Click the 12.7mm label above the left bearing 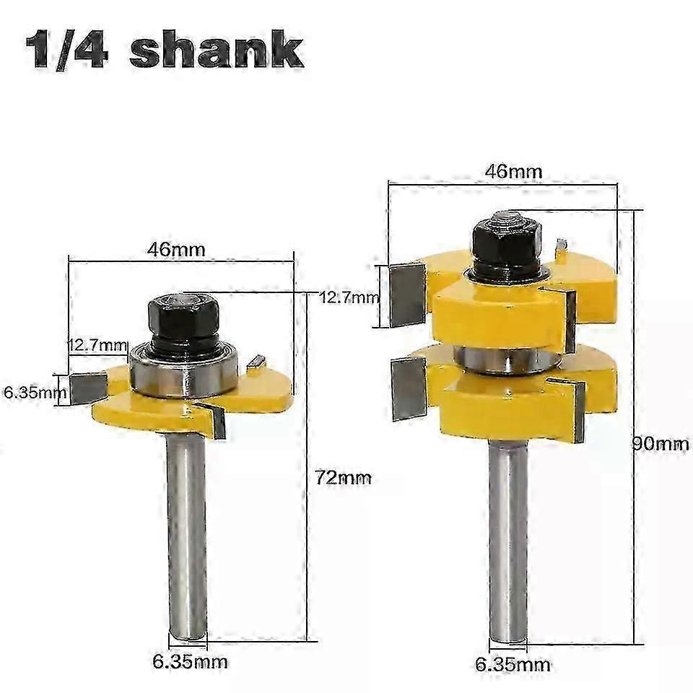(x=97, y=346)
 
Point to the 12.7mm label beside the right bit (x=349, y=297)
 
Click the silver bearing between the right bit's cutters (x=510, y=359)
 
